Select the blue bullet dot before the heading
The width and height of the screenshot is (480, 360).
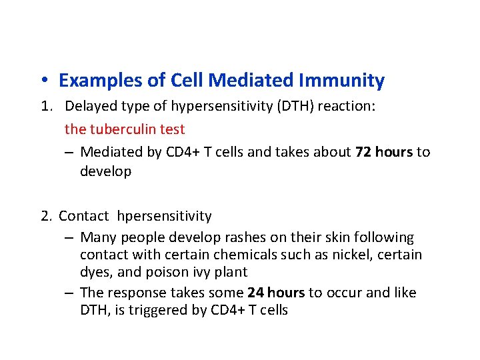42,81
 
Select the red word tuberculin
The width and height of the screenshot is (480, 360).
122,129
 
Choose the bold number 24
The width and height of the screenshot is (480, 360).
255,293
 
